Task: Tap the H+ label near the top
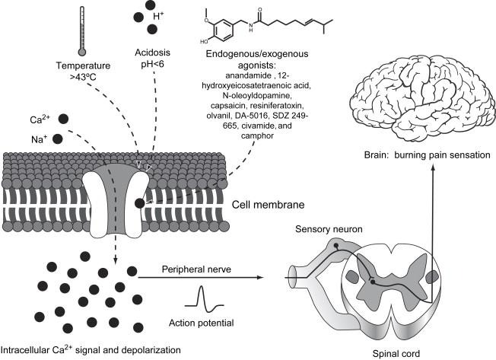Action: [158, 16]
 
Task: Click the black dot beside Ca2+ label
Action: [63, 119]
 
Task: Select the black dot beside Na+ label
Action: [58, 139]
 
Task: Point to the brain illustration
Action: [423, 99]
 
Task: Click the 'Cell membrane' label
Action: [269, 205]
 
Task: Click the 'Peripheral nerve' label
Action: [196, 269]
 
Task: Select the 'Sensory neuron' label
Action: [329, 229]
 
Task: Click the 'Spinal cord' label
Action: [396, 354]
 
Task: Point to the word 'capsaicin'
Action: [229, 105]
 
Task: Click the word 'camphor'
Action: [257, 135]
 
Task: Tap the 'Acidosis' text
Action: [152, 53]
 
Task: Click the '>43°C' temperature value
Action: [83, 76]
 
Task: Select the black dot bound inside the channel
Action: [139, 203]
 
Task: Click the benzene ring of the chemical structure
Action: [222, 30]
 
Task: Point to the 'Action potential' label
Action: [201, 323]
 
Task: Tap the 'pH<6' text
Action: [152, 64]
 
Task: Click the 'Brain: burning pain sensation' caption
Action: [428, 155]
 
